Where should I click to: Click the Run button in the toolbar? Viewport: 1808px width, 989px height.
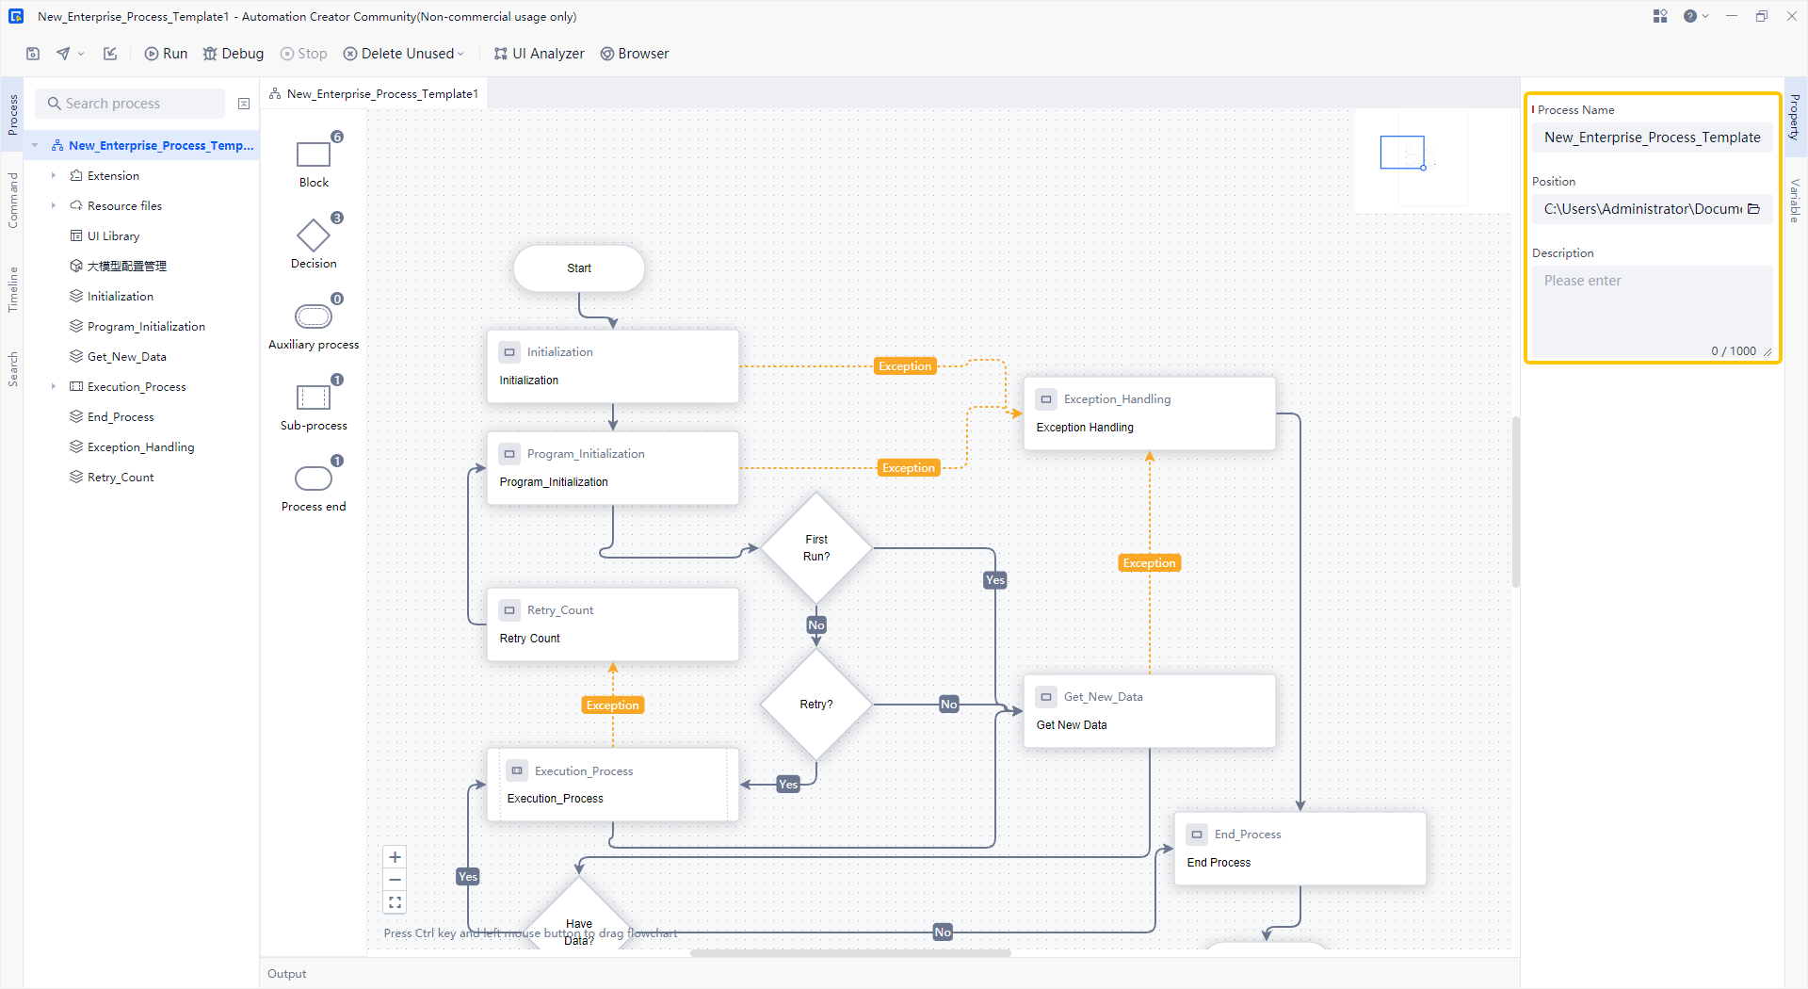coord(166,54)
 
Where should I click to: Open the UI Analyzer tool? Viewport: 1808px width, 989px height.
coord(539,54)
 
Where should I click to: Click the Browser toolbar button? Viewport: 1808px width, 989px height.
coord(635,54)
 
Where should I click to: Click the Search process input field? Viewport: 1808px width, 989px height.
coord(132,104)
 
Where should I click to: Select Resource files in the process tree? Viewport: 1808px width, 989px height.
coord(124,206)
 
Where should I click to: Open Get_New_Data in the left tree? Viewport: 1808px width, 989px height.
coord(126,357)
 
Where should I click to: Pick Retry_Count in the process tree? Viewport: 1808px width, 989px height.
coord(121,478)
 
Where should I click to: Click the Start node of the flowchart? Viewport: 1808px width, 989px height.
coord(579,268)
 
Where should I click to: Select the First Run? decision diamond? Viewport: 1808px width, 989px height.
coord(816,548)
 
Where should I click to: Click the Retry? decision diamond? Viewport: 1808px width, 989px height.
coord(816,705)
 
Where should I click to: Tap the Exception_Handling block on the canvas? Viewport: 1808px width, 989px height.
coord(1149,413)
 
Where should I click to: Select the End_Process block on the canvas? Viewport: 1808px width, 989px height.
coord(1299,849)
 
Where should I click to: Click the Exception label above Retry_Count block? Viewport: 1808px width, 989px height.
coord(612,705)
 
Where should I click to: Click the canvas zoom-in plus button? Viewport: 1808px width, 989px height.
coord(395,857)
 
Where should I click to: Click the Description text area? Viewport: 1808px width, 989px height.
coord(1652,311)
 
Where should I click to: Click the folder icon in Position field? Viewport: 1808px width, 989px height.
coord(1754,209)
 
